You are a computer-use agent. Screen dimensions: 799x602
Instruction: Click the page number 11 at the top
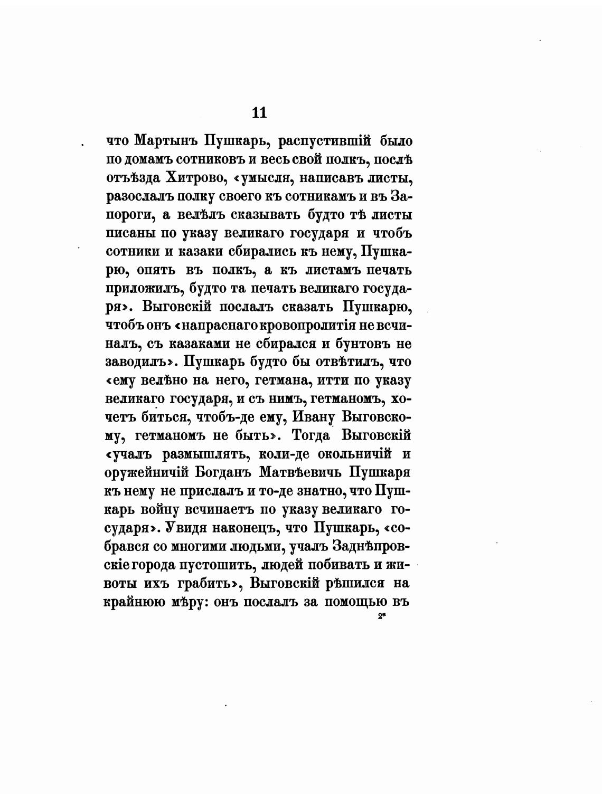259,112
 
